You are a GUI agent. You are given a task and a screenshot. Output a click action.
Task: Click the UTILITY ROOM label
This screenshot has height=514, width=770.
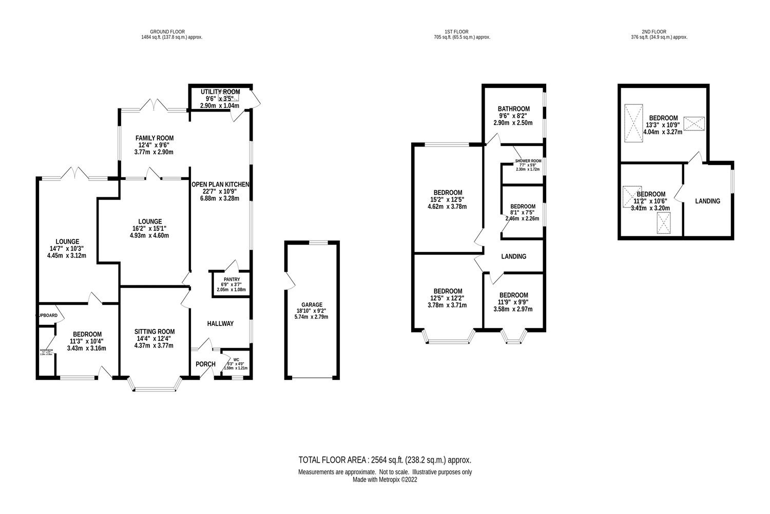point(220,91)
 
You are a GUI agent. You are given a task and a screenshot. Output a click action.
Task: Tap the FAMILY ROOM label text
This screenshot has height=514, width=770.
point(155,138)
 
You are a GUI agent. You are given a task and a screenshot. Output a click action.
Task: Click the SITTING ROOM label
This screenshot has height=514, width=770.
point(155,332)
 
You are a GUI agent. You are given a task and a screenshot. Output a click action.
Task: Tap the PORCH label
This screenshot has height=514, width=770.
point(206,364)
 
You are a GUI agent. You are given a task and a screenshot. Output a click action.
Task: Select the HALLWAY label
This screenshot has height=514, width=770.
point(220,323)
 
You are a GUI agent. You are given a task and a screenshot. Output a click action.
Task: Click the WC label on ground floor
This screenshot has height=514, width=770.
point(237,360)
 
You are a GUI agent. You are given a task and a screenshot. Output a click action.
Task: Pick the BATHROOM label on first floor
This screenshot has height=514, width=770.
point(513,109)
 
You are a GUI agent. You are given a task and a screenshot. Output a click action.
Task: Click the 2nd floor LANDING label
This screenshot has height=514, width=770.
point(707,201)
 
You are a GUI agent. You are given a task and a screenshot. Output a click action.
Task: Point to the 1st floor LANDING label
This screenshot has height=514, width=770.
point(514,256)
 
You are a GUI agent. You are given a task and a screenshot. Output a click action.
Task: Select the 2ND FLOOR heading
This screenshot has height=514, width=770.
point(659,32)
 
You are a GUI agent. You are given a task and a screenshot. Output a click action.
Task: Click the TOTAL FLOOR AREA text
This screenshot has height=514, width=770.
point(385,460)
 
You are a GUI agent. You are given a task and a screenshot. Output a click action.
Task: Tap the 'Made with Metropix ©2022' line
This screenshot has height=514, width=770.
point(385,480)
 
